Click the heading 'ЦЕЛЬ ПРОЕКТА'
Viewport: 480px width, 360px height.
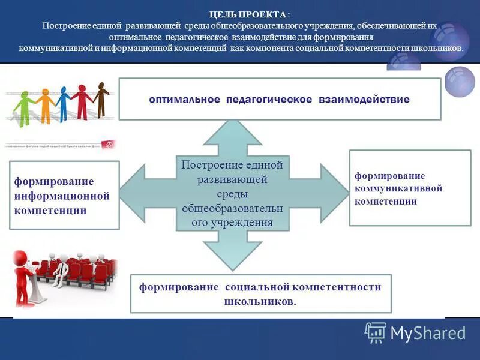tap(247, 14)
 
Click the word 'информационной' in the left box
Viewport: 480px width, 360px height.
tap(62, 196)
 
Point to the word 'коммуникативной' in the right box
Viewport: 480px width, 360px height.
tap(398, 188)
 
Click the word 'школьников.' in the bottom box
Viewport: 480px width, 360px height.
tap(260, 301)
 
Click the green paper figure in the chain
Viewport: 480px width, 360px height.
tap(24, 108)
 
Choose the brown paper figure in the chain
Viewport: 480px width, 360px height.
tap(101, 99)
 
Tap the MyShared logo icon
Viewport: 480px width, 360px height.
tap(376, 332)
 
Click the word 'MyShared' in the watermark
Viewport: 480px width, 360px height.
tap(428, 333)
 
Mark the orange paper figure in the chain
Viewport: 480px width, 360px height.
tap(45, 106)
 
